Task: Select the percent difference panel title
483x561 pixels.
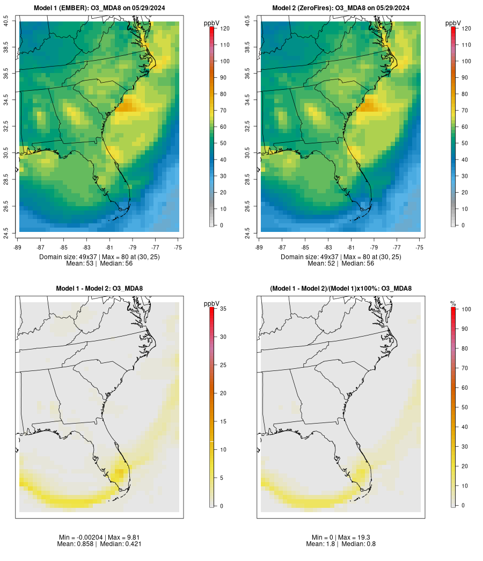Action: point(341,289)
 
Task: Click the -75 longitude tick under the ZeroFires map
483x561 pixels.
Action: point(420,247)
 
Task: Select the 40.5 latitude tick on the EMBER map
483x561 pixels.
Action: point(6,22)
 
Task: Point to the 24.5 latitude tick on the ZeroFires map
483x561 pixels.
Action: point(247,233)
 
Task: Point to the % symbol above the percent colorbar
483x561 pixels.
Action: point(453,304)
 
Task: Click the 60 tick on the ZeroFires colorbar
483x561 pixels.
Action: point(466,127)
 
